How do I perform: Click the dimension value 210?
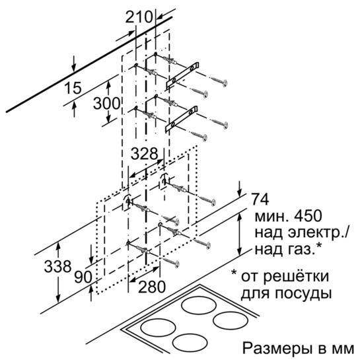(139, 17)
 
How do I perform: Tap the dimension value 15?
(73, 88)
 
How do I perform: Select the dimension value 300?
(106, 103)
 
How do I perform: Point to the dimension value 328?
(145, 154)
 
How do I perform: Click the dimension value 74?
(260, 199)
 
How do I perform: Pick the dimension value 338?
(57, 267)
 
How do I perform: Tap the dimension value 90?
(83, 277)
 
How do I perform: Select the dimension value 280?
(152, 287)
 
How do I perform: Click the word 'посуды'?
(303, 294)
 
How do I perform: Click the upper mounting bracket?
(182, 75)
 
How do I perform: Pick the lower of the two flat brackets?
(182, 119)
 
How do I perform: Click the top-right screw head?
(225, 83)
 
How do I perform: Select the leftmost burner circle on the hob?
(159, 328)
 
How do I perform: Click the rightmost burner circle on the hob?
(231, 320)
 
